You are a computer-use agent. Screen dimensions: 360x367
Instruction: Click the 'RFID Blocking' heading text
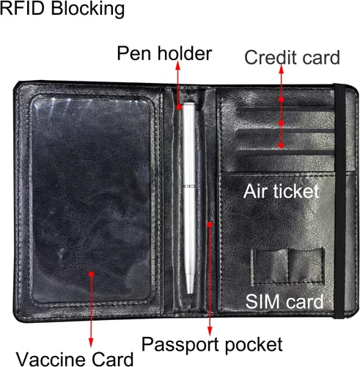coord(62,10)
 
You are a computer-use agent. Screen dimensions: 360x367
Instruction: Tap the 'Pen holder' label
coord(164,54)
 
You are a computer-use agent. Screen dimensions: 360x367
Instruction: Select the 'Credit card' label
coord(292,57)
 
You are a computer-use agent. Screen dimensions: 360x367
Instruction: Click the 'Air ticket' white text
coord(282,191)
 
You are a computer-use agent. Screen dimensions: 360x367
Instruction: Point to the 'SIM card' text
coord(284,302)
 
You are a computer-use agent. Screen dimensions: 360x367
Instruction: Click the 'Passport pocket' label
coord(212,344)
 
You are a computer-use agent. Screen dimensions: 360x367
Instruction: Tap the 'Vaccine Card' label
coord(75,359)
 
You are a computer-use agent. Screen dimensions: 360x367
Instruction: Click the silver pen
coord(189,198)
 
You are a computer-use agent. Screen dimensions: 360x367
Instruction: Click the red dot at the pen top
coord(180,107)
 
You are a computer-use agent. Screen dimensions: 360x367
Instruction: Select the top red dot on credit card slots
coord(281,99)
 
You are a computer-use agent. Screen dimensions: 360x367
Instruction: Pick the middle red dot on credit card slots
coord(281,123)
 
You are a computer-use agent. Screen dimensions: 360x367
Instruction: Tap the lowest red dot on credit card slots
coord(281,145)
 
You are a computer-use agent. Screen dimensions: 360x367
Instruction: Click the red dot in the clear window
coord(91,274)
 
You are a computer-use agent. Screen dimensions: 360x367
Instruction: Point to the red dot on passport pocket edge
coord(210,224)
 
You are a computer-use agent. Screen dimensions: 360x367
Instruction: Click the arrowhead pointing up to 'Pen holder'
coord(178,65)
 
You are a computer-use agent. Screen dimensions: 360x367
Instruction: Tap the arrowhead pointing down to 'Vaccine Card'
coord(91,343)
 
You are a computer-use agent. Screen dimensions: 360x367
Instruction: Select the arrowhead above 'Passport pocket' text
coord(210,331)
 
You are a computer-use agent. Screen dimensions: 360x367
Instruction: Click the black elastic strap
coord(340,200)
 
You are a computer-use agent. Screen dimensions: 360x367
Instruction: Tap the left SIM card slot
coord(271,266)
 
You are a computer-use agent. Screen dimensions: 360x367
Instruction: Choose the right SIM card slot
coord(306,266)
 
